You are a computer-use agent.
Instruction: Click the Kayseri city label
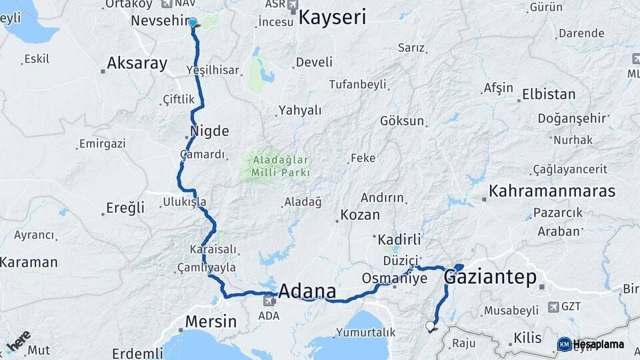coord(332,17)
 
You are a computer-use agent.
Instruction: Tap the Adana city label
coord(307,291)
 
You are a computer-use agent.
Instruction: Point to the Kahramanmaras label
coord(552,191)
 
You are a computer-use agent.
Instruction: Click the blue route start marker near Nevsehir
coord(193,23)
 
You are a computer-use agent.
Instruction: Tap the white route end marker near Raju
coord(430,326)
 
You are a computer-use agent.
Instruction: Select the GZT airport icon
coord(553,307)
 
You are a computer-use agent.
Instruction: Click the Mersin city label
coord(211,321)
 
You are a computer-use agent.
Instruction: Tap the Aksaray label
coord(137,64)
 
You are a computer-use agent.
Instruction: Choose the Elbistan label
coord(549,94)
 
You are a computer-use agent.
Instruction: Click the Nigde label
coord(209,131)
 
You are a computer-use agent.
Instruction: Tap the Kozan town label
coord(360,215)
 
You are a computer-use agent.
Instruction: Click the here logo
coord(18,341)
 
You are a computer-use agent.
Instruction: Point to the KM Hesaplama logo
coord(591,344)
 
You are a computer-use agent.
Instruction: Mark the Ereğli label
coord(125,208)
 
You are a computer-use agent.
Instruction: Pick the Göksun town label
coord(402,121)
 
